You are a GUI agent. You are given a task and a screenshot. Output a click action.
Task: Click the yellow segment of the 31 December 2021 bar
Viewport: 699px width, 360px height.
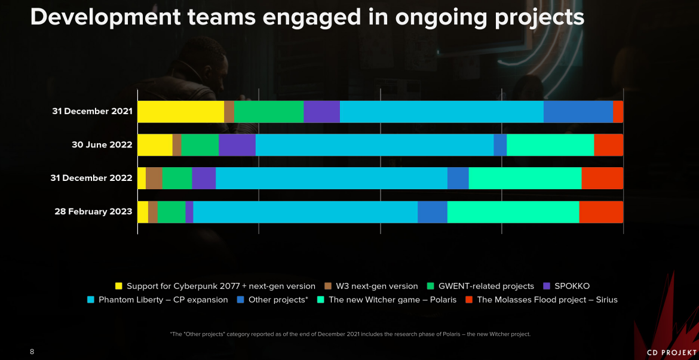pyautogui.click(x=180, y=112)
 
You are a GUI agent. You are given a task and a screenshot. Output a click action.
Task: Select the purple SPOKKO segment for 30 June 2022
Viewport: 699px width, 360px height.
pyautogui.click(x=237, y=145)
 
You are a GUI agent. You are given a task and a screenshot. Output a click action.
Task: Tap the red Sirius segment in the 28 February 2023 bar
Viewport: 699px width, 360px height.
pyautogui.click(x=601, y=212)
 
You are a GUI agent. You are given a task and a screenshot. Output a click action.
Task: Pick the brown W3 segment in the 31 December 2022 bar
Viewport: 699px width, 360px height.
pyautogui.click(x=154, y=178)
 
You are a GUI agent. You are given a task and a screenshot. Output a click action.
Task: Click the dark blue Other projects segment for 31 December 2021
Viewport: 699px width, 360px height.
pyautogui.click(x=578, y=112)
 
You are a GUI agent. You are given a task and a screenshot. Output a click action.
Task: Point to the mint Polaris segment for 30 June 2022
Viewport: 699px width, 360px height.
pyautogui.click(x=550, y=145)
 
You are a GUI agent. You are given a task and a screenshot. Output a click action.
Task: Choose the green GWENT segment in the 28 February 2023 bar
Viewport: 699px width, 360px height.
pyautogui.click(x=171, y=212)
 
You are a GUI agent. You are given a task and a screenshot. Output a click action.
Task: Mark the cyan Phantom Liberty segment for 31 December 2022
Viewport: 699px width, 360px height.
pyautogui.click(x=331, y=178)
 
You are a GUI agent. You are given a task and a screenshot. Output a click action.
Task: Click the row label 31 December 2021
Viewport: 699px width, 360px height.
pyautogui.click(x=92, y=112)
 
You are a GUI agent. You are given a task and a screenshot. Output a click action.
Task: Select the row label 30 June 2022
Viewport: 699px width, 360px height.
pyautogui.click(x=102, y=145)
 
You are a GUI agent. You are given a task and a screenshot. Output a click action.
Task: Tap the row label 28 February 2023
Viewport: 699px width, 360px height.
pyautogui.click(x=93, y=212)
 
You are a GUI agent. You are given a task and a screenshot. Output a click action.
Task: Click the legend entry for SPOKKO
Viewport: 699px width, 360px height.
pyautogui.click(x=572, y=286)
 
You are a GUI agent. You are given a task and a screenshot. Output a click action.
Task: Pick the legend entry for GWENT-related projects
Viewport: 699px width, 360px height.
pyautogui.click(x=486, y=286)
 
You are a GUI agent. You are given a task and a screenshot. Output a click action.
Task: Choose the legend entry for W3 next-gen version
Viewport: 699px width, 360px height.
pyautogui.click(x=376, y=286)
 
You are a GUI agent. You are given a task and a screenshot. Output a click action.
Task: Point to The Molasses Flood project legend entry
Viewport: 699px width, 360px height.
pyautogui.click(x=547, y=300)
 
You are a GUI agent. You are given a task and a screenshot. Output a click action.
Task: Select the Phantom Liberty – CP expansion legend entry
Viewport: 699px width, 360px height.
pyautogui.click(x=163, y=300)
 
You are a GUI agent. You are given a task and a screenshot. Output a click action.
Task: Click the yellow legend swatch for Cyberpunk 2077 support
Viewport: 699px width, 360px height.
pyautogui.click(x=118, y=286)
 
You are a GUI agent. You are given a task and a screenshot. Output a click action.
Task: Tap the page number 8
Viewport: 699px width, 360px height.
pyautogui.click(x=32, y=352)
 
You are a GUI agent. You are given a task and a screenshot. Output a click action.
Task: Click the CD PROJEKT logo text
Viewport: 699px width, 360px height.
pyautogui.click(x=672, y=353)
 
